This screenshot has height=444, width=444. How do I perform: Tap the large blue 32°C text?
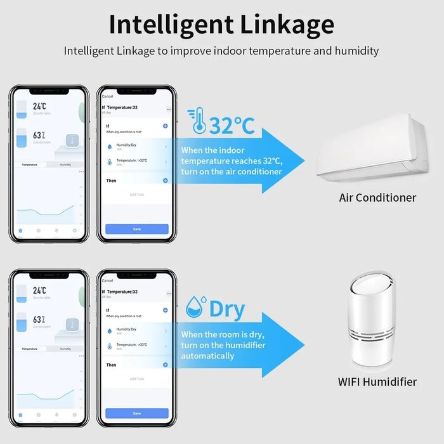[232, 125]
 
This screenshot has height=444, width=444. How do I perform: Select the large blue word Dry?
[226, 309]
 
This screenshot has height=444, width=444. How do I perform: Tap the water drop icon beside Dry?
[196, 308]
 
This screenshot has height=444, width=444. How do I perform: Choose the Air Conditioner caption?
[377, 197]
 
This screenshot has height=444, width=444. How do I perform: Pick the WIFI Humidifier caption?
[377, 382]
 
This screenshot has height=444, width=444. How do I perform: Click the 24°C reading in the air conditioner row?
[39, 107]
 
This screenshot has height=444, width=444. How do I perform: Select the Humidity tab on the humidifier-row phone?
[66, 349]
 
